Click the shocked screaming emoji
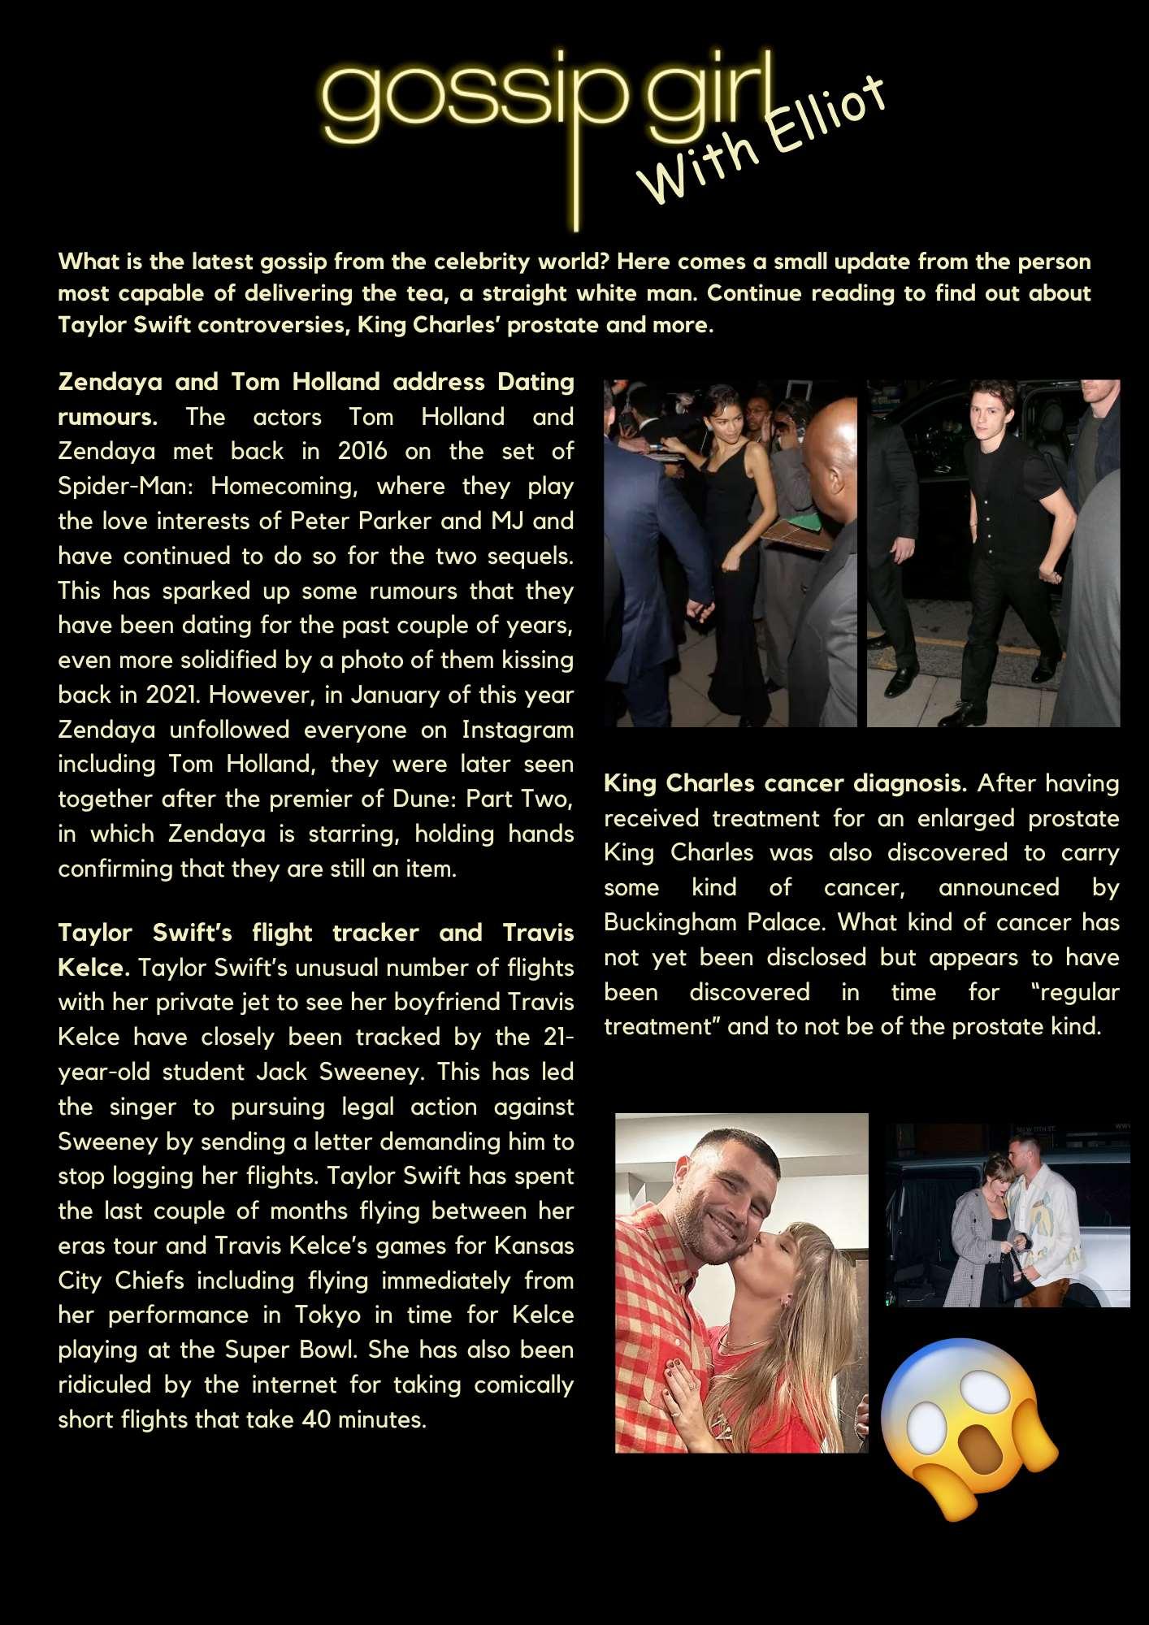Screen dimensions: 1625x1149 (969, 1430)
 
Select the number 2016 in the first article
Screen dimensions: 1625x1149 (362, 451)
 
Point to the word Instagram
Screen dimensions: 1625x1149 (518, 730)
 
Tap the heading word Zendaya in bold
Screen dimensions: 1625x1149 (110, 382)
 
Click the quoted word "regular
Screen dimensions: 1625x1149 (1079, 992)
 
